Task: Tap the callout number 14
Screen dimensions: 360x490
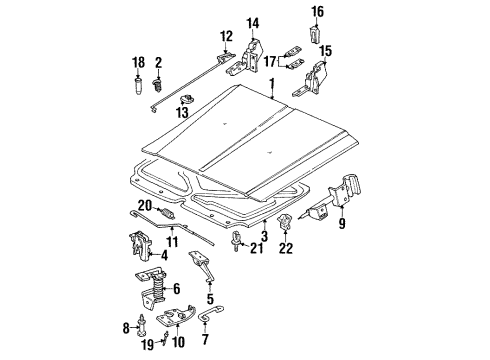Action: coord(252,22)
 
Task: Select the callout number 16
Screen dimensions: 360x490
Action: coord(317,12)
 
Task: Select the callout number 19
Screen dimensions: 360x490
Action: coord(147,346)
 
